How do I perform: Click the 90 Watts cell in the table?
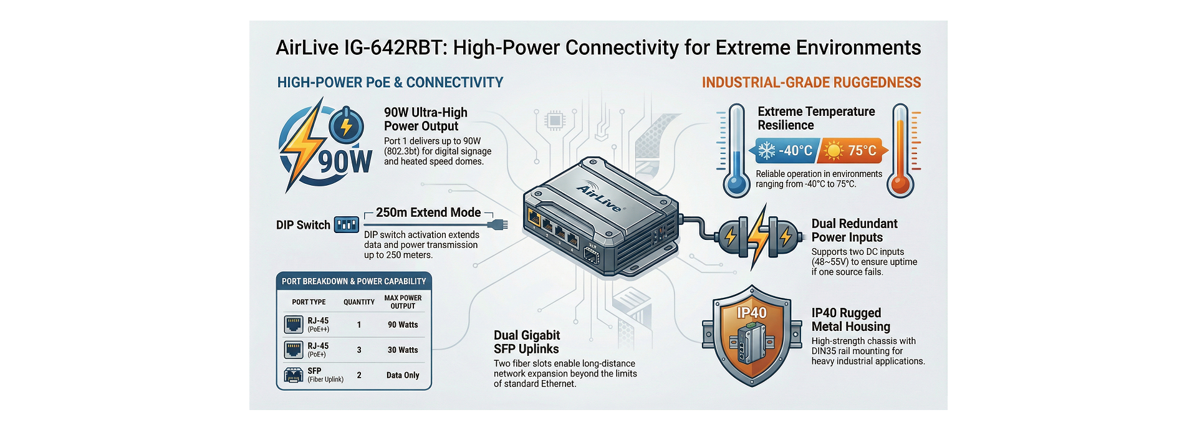(403, 325)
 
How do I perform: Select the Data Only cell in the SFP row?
(403, 375)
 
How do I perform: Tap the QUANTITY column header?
(359, 302)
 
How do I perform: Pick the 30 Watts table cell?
(403, 350)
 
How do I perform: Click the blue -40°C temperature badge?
(787, 151)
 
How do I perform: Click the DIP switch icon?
(346, 224)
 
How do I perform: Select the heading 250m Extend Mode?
(428, 213)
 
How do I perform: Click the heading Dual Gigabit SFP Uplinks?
(527, 342)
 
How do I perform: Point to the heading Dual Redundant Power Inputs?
(854, 231)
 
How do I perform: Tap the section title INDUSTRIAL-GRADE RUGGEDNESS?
(811, 83)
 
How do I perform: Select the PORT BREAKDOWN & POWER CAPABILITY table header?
(353, 282)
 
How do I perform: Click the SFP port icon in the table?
(293, 375)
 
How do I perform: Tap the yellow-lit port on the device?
(535, 218)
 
